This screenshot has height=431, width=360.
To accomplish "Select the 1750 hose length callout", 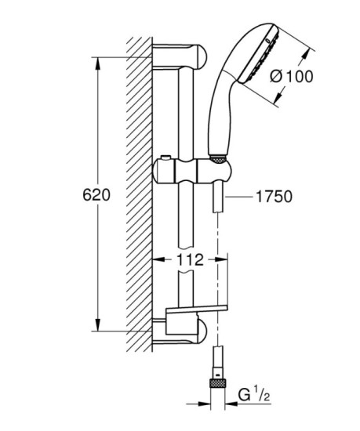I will point(271,197).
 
